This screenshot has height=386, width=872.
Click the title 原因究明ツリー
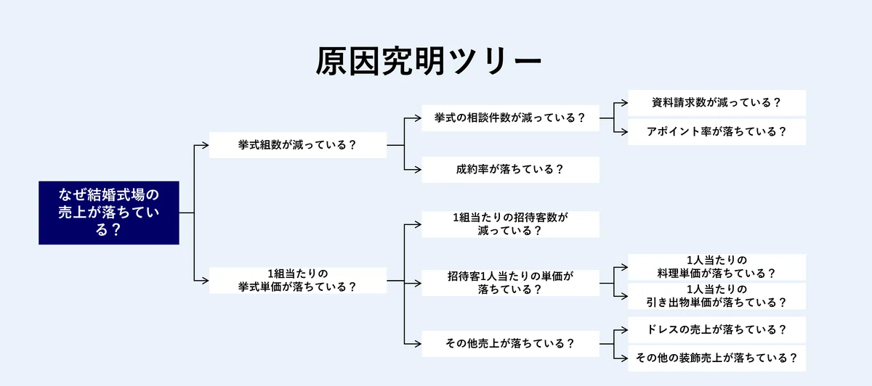pos(428,61)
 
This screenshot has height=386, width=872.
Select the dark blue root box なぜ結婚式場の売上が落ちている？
pos(109,213)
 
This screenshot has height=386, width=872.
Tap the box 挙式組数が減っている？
pos(298,145)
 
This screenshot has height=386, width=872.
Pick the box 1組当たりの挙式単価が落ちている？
pos(298,280)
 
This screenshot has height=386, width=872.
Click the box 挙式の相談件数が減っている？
pos(510,118)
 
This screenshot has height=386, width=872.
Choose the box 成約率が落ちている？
pos(510,170)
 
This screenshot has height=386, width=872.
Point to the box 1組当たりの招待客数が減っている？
pos(510,224)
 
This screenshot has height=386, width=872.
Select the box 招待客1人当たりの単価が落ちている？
pos(510,283)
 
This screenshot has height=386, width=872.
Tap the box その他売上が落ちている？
pos(510,344)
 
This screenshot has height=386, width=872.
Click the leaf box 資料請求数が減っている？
pos(716,103)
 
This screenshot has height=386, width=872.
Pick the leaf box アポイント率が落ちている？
pos(716,132)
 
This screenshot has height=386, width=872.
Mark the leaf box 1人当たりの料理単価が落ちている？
pos(716,267)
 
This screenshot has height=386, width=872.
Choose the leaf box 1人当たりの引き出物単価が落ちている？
pos(716,296)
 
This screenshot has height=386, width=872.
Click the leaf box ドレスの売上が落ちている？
pos(716,330)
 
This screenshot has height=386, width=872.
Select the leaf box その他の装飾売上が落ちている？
pos(716,358)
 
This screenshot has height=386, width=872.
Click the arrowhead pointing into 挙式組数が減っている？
pos(206,145)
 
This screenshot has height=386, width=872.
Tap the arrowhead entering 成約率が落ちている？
pos(418,170)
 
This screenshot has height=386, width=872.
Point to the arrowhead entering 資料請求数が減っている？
pos(624,103)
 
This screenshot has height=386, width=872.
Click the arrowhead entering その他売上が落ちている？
pos(418,344)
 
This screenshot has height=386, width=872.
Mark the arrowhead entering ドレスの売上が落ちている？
pos(624,330)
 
